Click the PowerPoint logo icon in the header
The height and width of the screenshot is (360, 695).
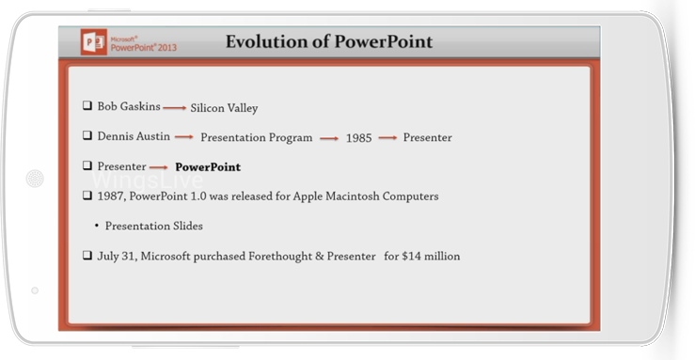point(94,42)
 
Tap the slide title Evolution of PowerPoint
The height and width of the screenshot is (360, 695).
point(329,41)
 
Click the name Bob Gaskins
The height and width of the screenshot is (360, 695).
point(129,106)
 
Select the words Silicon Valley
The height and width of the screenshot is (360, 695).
point(224,108)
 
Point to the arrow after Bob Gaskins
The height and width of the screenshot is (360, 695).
point(175,107)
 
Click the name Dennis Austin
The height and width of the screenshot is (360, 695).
point(134,136)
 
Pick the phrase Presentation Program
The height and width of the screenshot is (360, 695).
point(256,138)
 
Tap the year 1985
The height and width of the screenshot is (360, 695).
point(358,138)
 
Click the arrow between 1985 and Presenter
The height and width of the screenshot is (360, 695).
point(387,138)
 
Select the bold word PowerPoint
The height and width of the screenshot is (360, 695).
point(208,167)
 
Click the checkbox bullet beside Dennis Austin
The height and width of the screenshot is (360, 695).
point(87,135)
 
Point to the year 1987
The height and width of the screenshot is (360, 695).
point(111,196)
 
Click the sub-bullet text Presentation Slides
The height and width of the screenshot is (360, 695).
point(154,226)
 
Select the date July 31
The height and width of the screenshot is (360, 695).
point(116,257)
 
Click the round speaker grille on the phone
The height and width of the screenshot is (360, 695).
point(35,179)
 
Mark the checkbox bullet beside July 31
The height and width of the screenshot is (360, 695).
point(87,255)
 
